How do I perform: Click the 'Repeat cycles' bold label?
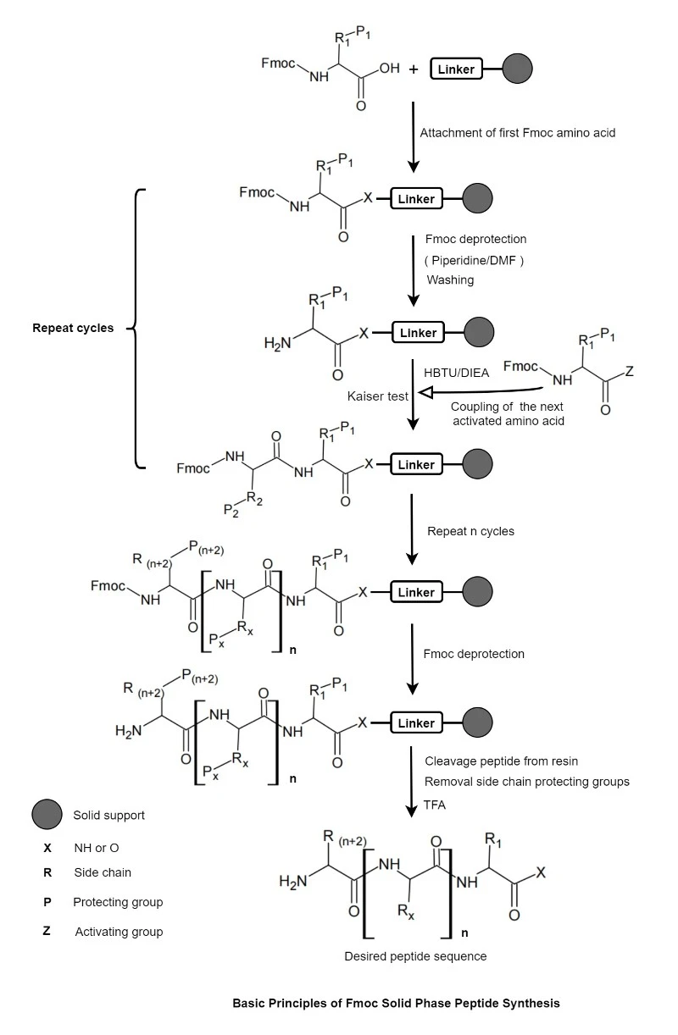click(73, 328)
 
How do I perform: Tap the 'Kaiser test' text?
click(377, 396)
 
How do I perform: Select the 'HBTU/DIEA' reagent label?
click(456, 373)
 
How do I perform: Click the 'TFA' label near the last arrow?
click(435, 805)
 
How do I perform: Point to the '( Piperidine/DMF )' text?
click(474, 261)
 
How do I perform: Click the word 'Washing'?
click(450, 280)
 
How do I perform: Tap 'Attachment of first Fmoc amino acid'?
click(518, 133)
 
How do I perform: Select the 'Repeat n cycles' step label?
click(470, 531)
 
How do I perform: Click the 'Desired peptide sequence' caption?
click(415, 956)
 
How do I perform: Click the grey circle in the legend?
click(47, 814)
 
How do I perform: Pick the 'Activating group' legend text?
click(119, 932)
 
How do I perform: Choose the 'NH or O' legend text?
click(97, 848)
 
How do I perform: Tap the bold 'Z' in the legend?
click(47, 931)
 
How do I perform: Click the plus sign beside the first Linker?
click(414, 69)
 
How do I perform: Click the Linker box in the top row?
click(456, 69)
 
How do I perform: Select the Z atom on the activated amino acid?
click(629, 371)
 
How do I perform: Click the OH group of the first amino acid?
click(389, 69)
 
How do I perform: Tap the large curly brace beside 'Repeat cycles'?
click(136, 329)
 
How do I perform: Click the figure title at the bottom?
click(396, 1003)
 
